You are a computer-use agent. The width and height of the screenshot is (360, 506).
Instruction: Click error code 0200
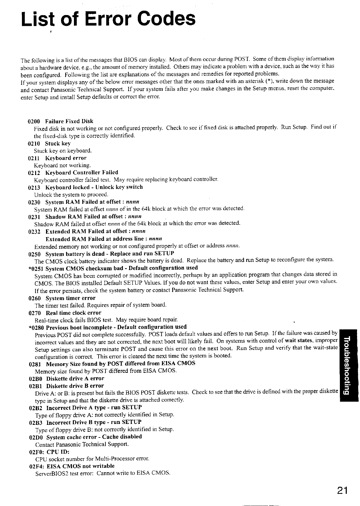tap(33, 121)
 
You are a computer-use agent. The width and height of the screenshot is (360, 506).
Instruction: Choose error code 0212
tap(34, 173)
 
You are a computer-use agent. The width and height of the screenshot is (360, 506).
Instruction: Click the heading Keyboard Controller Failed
tap(82, 173)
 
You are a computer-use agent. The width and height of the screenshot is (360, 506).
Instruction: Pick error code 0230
tap(34, 202)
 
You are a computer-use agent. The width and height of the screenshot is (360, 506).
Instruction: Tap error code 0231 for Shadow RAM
tap(34, 217)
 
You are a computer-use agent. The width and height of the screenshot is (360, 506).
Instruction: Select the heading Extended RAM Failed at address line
tap(104, 239)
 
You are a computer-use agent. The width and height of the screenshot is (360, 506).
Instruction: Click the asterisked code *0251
tap(35, 268)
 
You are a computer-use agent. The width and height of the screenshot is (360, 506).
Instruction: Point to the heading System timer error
tap(71, 298)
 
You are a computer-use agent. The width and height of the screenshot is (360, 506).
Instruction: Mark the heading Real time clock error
tap(74, 313)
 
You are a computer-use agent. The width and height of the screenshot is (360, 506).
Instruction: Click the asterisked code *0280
tap(36, 327)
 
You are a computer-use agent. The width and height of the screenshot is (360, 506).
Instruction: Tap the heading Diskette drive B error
tap(75, 386)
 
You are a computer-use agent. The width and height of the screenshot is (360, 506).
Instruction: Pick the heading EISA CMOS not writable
tap(81, 466)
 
